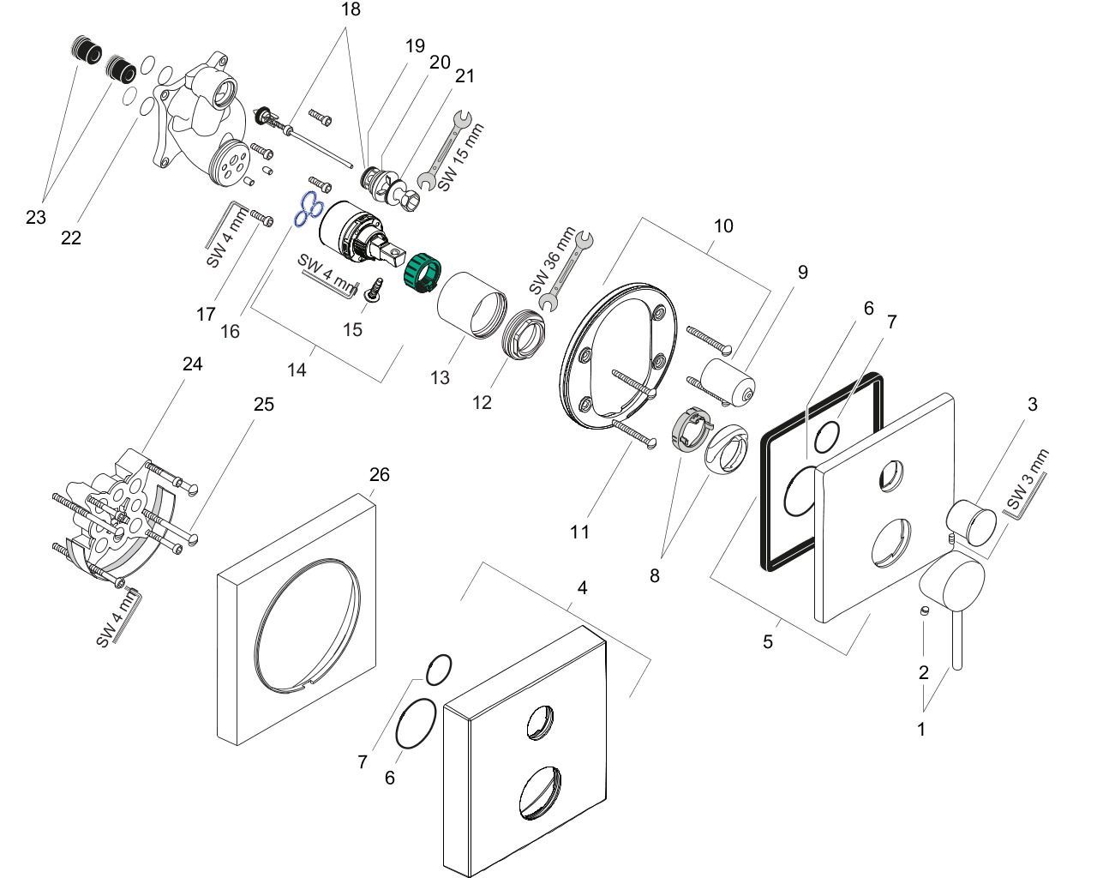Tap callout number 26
tap(379, 474)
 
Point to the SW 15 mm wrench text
tap(461, 158)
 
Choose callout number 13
tap(440, 377)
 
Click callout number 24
tap(192, 364)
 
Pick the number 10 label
tap(723, 226)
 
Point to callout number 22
tap(70, 238)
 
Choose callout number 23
tap(35, 217)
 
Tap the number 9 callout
tap(802, 272)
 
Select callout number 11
tap(580, 532)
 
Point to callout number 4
tap(582, 587)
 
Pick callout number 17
tap(206, 315)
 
